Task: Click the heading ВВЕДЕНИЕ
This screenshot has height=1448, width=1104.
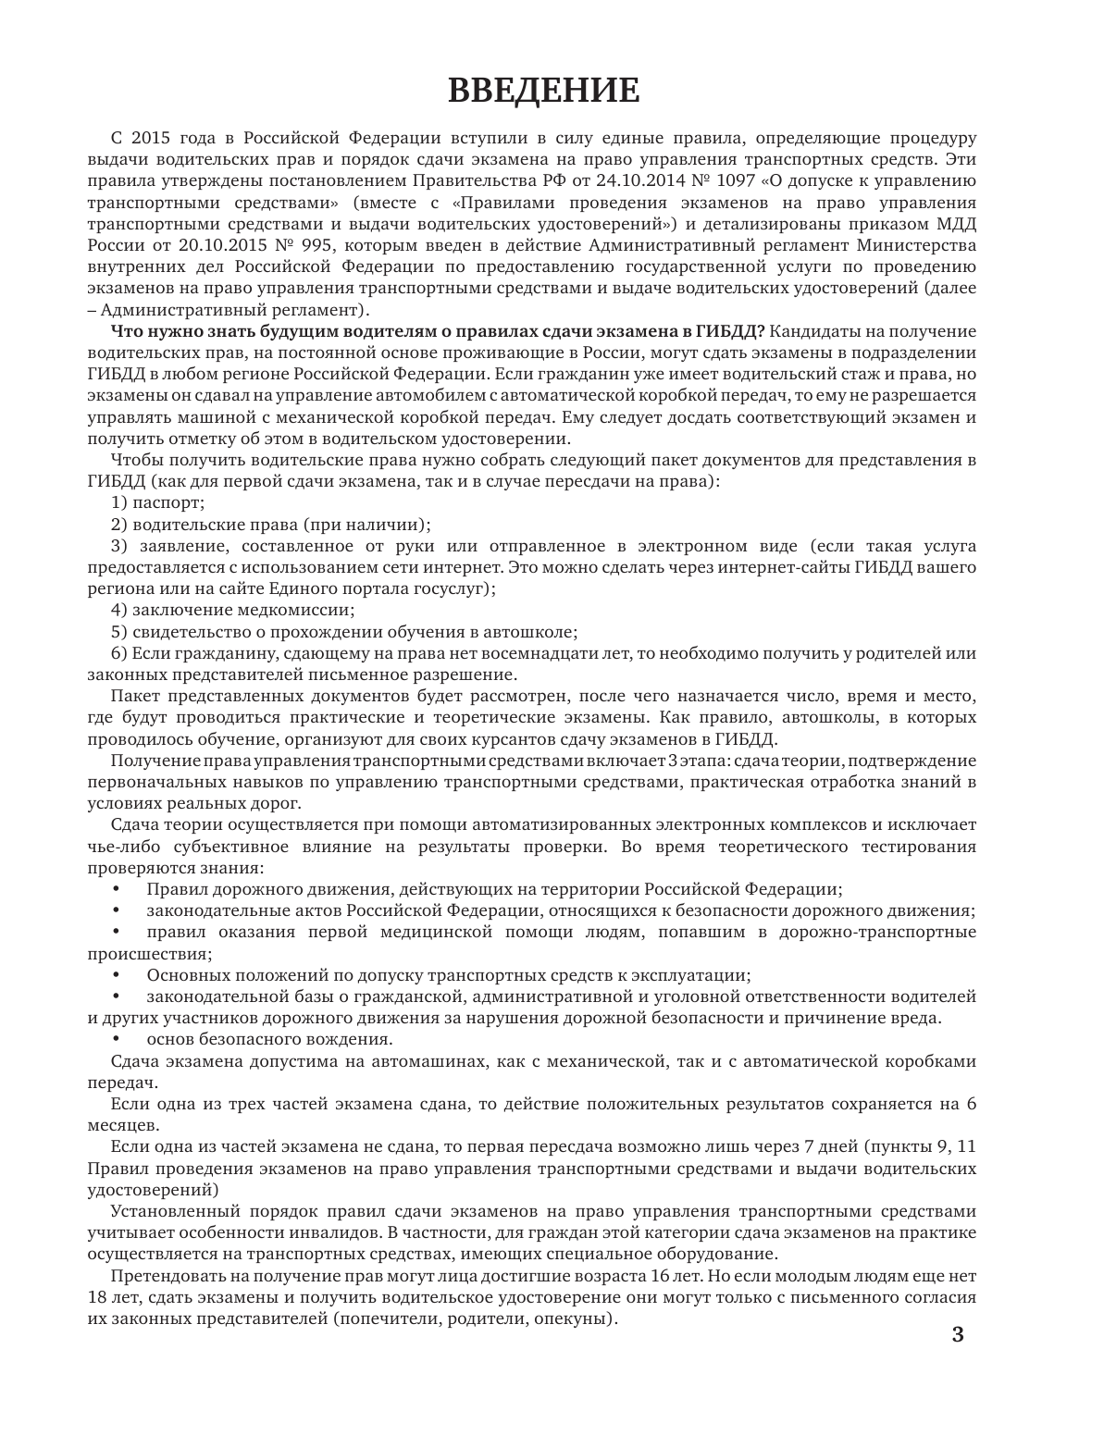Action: [543, 91]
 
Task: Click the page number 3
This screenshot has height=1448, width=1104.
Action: [958, 1335]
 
